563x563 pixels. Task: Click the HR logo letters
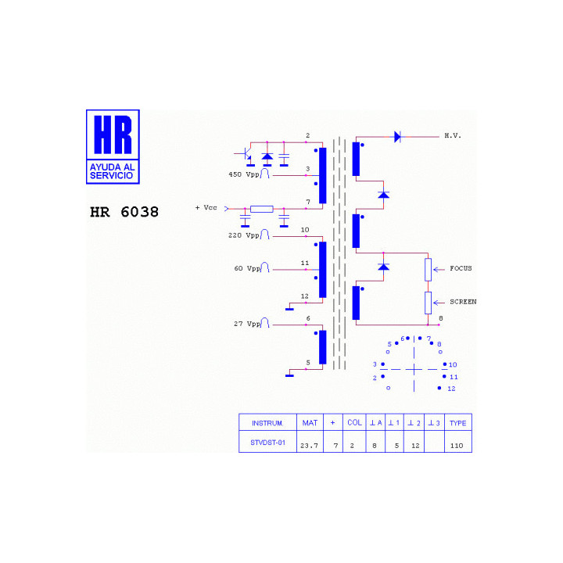point(113,134)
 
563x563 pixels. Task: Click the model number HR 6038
point(124,212)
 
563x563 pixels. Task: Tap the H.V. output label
point(453,136)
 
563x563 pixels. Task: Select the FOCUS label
point(461,268)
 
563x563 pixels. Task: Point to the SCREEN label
point(463,302)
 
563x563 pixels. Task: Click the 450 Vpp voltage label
point(244,174)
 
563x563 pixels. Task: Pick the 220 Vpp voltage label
point(244,235)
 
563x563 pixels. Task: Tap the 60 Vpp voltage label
point(247,268)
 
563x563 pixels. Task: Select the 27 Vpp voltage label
point(247,324)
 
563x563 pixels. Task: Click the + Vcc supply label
point(206,207)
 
